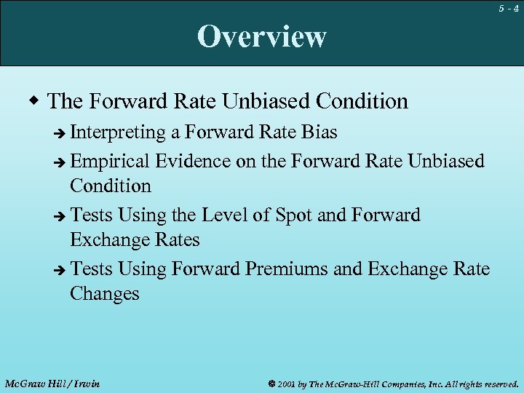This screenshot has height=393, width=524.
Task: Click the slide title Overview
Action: pyautogui.click(x=261, y=36)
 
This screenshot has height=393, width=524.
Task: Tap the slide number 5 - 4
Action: pyautogui.click(x=508, y=8)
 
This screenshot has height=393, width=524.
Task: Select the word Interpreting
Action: pyautogui.click(x=119, y=132)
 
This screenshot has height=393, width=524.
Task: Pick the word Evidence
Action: pyautogui.click(x=195, y=160)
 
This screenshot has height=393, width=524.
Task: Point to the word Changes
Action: pyautogui.click(x=104, y=294)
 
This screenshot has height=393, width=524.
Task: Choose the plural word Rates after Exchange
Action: pyautogui.click(x=175, y=240)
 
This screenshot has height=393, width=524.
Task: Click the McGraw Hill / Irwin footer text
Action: pyautogui.click(x=52, y=383)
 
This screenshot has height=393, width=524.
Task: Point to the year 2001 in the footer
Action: pyautogui.click(x=286, y=383)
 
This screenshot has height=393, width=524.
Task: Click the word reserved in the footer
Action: pyautogui.click(x=499, y=383)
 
